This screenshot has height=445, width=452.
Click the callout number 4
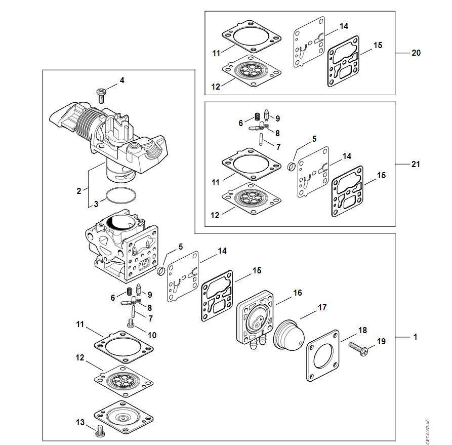pos(122,80)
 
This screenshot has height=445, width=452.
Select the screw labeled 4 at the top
pos(101,93)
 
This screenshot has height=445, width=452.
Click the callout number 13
pos(80,422)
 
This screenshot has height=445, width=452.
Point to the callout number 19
pos(381,341)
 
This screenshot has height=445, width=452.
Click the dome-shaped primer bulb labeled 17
pos(287,336)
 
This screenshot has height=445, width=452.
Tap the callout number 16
pos(298,293)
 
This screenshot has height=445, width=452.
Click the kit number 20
pos(416,53)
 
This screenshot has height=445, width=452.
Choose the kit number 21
pos(416,164)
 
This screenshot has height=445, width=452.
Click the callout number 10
pos(152,335)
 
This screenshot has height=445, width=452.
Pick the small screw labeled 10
pos(131,323)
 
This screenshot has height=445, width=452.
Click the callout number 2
pos(79,191)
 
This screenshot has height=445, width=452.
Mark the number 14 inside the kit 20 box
pos(344,25)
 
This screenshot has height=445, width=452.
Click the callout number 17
pos(322,307)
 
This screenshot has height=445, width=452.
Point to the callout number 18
pos(362,330)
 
